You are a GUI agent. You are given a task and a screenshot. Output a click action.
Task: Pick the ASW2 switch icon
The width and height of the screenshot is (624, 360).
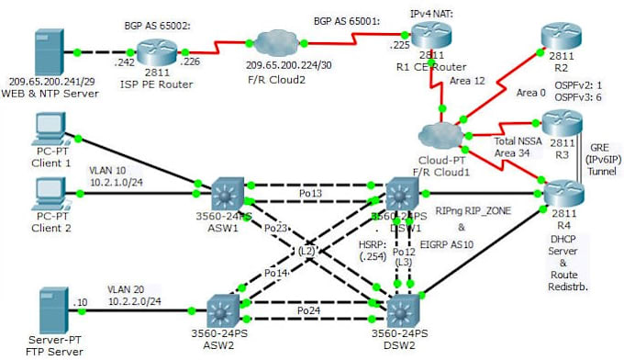(x=223, y=309)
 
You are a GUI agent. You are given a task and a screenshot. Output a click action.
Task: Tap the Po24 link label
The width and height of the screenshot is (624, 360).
(x=310, y=311)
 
